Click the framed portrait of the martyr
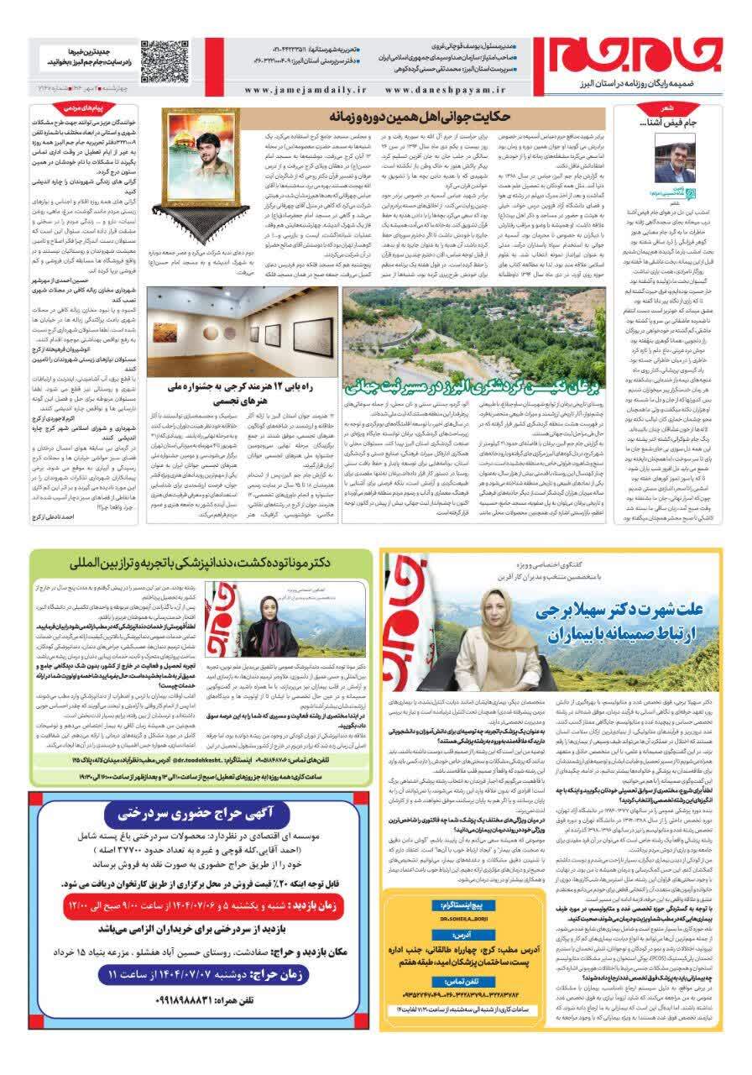(198, 151)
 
